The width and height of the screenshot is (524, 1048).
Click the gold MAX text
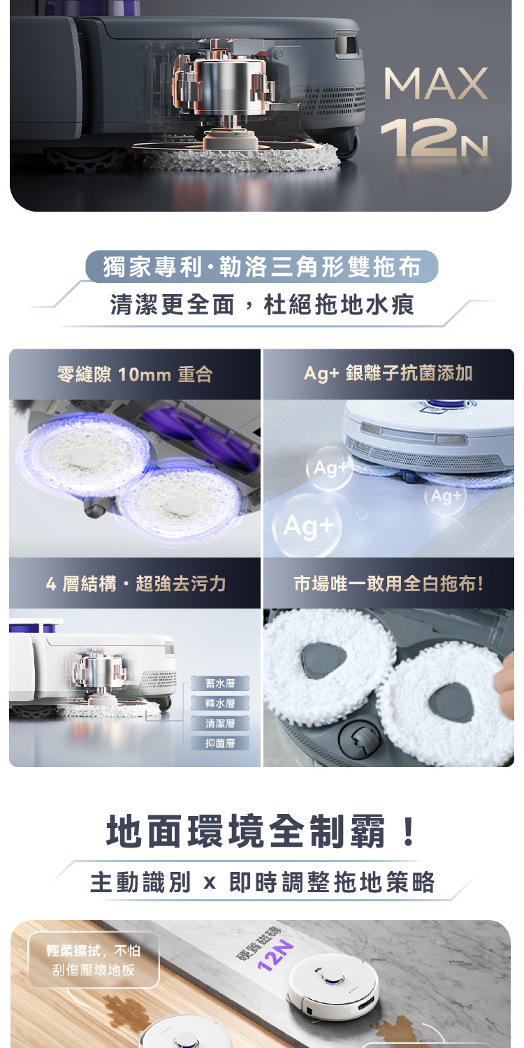point(436,83)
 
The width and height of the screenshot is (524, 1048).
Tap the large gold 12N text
point(434,137)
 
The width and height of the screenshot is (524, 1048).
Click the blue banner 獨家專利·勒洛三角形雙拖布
point(261,267)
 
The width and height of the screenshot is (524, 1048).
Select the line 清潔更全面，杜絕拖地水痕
point(262,305)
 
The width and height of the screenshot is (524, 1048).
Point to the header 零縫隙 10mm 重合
point(135,374)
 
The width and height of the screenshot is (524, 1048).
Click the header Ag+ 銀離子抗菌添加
point(388,373)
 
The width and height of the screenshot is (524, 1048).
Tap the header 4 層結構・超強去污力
point(136,583)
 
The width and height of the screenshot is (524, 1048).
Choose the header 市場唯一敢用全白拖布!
point(388,583)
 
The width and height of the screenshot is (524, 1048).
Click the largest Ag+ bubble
point(307,526)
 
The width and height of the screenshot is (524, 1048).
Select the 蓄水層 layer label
point(220,683)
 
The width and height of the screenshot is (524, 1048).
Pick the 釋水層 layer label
point(220,703)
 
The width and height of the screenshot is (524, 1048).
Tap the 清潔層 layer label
point(220,723)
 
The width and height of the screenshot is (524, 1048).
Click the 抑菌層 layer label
point(220,743)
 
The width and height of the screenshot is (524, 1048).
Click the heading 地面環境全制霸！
point(261,831)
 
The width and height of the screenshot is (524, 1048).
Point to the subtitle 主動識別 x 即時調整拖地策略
point(262,882)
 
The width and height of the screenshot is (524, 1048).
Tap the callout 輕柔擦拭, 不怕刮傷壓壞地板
point(94,960)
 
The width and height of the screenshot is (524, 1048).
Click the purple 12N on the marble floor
point(275,955)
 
